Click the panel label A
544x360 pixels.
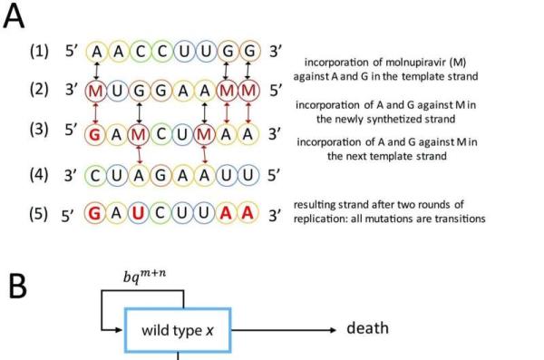tap(15, 18)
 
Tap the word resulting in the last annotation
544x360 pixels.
tap(312, 208)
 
